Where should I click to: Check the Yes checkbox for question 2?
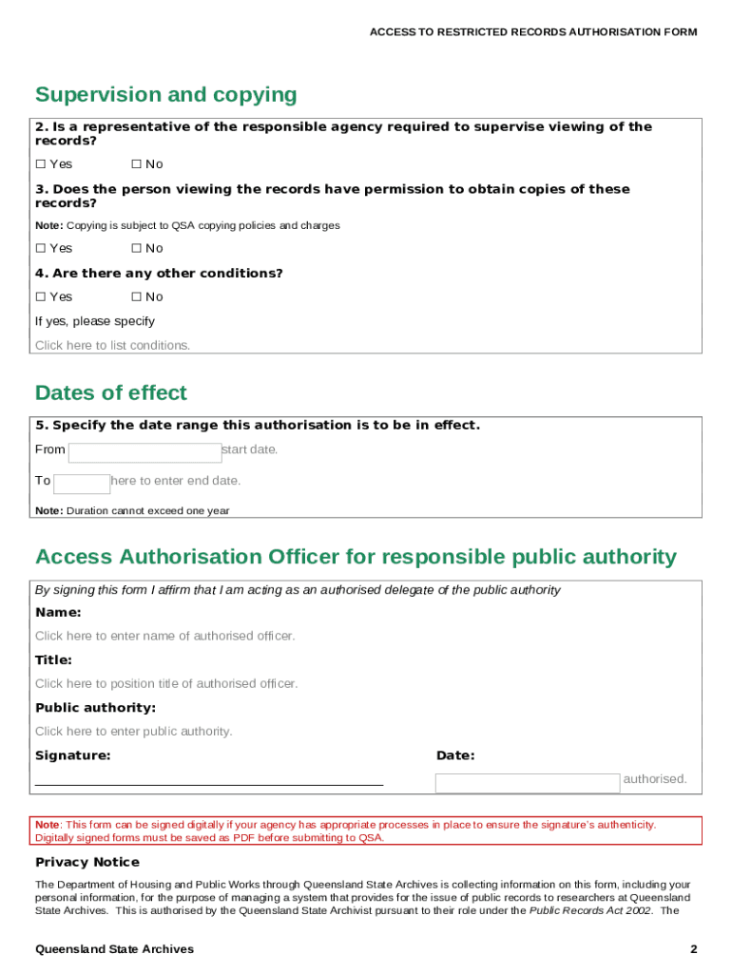41,164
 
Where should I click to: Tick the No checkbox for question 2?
136,164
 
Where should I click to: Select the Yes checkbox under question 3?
41,248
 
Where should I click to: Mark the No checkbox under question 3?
136,248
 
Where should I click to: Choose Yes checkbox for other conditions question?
41,296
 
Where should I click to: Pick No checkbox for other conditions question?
136,296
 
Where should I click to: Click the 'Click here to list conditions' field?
112,345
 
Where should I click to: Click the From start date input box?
144,452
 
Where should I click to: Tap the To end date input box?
82,484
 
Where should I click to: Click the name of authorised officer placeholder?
164,636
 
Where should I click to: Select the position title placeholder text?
165,683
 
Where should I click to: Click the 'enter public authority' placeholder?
133,731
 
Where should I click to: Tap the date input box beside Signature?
527,783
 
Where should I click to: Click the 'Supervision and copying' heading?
165,95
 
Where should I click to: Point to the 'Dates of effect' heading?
110,393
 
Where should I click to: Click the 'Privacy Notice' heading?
87,862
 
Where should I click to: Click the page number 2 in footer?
694,949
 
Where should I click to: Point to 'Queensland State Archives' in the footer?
114,949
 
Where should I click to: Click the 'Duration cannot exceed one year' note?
132,510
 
